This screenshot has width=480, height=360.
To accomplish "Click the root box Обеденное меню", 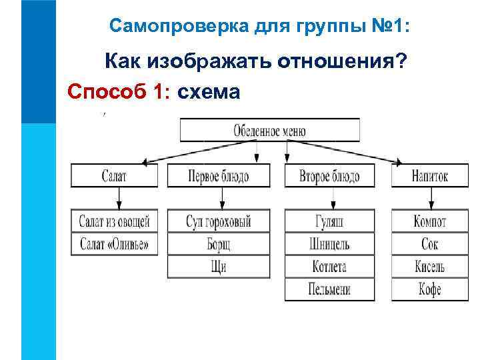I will coord(269,130).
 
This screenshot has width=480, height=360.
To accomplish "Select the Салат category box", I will coord(114,176).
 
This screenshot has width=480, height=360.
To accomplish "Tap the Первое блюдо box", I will coord(218,176).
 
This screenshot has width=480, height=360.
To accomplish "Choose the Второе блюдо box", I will coord(329,176).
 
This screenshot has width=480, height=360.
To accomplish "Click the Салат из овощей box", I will coord(114,221).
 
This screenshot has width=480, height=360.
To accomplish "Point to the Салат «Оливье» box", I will coord(114,243).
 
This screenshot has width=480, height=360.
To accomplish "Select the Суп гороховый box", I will coord(218,221).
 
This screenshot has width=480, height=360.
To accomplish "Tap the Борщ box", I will coord(218,243).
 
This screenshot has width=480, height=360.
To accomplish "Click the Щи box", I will coord(218,266).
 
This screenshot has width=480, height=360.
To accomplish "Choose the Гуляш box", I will coord(329,221).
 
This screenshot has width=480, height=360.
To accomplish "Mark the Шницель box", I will coord(329,243).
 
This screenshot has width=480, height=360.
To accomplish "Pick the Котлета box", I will coord(329,266).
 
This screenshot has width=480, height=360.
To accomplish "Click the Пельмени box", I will coord(329,289).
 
